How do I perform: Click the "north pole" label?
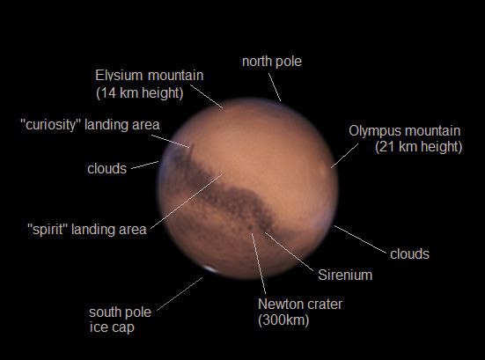(272, 62)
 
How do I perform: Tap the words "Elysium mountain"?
(149, 75)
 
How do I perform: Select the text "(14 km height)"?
(140, 92)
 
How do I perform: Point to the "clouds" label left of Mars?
(107, 168)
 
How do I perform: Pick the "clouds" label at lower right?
(409, 253)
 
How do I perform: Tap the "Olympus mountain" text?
(405, 131)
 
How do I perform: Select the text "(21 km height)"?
(418, 146)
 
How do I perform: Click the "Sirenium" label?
(345, 275)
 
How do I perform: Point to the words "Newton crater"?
(300, 304)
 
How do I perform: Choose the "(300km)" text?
(283, 320)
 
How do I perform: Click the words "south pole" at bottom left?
(120, 312)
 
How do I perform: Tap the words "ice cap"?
(112, 327)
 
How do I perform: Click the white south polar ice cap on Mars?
(211, 269)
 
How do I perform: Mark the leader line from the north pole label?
(275, 87)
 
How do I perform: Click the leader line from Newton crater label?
(259, 263)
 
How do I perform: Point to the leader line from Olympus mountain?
(344, 156)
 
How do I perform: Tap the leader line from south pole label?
(180, 294)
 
